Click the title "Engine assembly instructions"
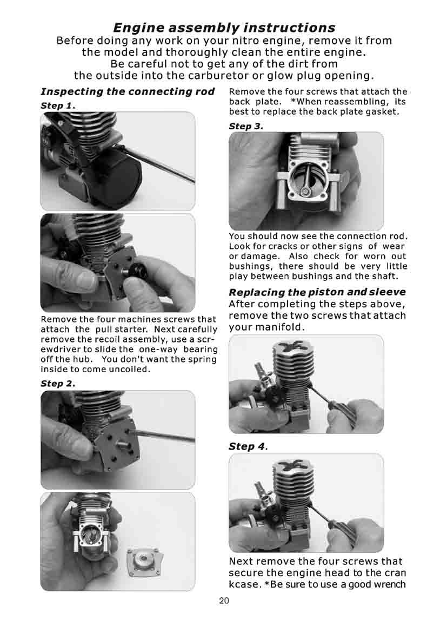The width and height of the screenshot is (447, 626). pyautogui.click(x=224, y=27)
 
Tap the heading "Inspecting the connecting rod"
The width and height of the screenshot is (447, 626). pyautogui.click(x=128, y=91)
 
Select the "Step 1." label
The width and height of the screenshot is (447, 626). pyautogui.click(x=57, y=105)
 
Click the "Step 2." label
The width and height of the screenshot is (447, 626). pyautogui.click(x=57, y=383)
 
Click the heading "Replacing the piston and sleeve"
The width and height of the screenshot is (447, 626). pyautogui.click(x=317, y=292)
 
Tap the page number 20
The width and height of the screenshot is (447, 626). pyautogui.click(x=224, y=601)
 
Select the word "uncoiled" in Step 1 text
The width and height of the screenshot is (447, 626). pyautogui.click(x=128, y=370)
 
